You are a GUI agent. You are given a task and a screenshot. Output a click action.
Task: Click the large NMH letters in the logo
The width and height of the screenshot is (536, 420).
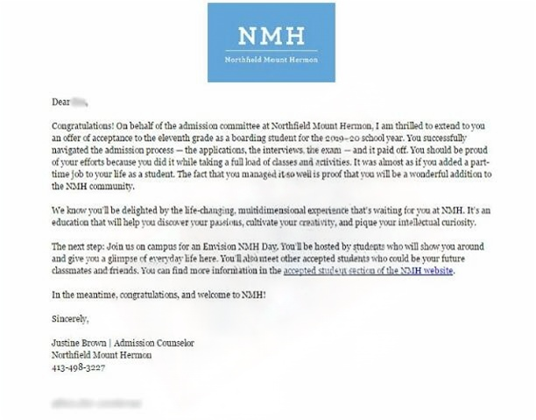(271, 38)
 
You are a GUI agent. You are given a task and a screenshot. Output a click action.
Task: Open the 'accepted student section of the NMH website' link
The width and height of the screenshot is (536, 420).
(369, 272)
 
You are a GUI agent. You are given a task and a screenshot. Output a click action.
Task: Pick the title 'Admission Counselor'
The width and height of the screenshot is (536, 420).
(157, 343)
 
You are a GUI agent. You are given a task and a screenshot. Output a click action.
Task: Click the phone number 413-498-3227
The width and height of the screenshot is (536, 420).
(79, 367)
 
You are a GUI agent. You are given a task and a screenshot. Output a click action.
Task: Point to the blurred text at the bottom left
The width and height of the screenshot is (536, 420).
(96, 402)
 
